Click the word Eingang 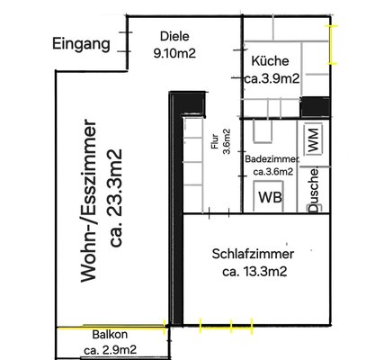point(81,44)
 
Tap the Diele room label point(174,36)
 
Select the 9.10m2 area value point(174,53)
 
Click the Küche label point(270,61)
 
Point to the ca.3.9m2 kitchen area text point(272,78)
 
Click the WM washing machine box point(313,139)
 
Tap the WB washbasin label point(270,197)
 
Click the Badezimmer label point(272,159)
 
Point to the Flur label point(215,142)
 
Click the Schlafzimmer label point(253,254)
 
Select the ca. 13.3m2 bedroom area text point(254,272)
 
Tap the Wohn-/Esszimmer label point(89,201)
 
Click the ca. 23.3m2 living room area point(115,198)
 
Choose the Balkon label point(110,335)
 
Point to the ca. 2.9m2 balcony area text point(111,350)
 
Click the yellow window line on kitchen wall point(331,45)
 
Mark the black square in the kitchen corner point(316,107)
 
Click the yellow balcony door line point(111,328)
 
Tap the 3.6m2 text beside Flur point(227,141)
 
